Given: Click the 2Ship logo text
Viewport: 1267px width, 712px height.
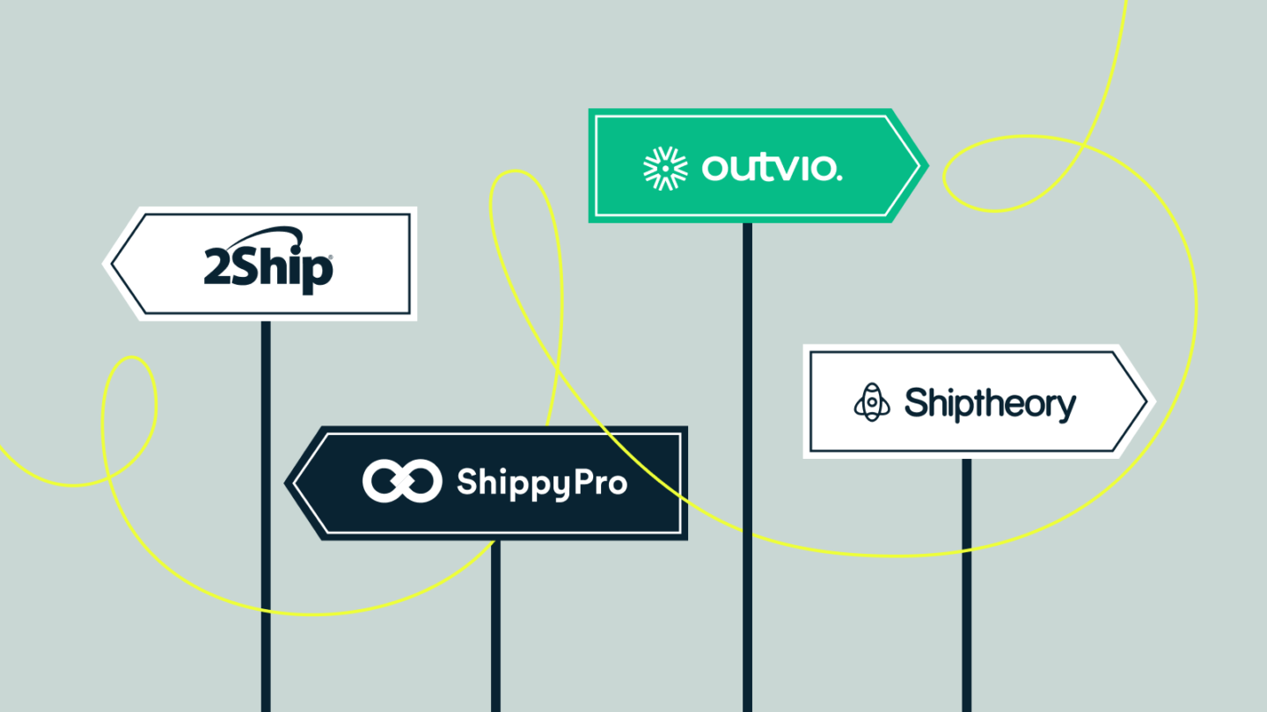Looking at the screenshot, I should pyautogui.click(x=268, y=267).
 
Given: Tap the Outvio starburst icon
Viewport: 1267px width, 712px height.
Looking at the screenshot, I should pyautogui.click(x=665, y=167).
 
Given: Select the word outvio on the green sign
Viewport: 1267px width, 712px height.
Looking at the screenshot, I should pyautogui.click(x=771, y=167).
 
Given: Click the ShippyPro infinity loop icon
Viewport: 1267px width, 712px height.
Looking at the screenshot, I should pyautogui.click(x=402, y=481).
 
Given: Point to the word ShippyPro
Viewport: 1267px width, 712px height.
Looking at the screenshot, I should pyautogui.click(x=541, y=483).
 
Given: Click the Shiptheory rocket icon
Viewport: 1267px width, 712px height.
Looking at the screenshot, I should pyautogui.click(x=872, y=403).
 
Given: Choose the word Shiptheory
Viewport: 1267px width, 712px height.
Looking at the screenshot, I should pyautogui.click(x=990, y=403).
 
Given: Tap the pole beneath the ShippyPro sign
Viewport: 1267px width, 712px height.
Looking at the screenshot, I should pyautogui.click(x=495, y=624).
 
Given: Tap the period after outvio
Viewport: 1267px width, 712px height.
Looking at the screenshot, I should pyautogui.click(x=837, y=176).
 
